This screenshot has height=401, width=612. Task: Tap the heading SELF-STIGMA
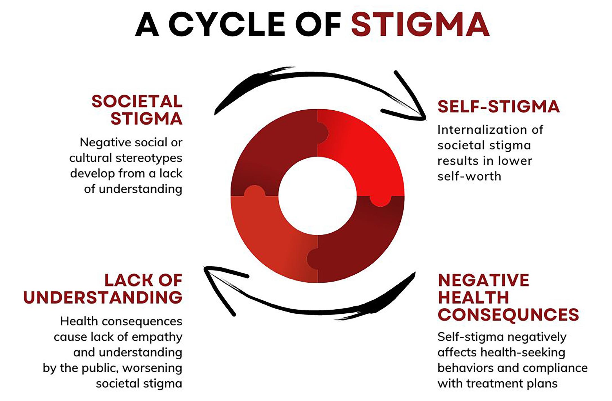(x=498, y=107)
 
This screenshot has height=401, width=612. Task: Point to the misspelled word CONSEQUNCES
(x=508, y=314)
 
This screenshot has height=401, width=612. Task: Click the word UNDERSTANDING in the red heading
(x=103, y=297)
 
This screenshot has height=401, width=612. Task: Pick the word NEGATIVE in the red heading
(x=483, y=280)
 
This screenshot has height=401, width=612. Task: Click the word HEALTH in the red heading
(x=473, y=297)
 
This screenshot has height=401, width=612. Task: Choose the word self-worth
(x=469, y=176)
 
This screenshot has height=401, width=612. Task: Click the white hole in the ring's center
(x=317, y=196)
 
